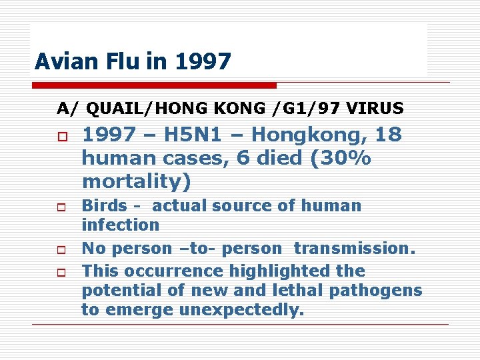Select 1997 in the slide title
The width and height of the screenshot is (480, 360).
[x=203, y=62]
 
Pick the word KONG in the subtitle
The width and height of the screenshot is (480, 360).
[x=229, y=108]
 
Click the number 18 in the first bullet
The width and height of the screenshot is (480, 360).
[x=388, y=135]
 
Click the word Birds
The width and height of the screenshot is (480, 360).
[x=103, y=205]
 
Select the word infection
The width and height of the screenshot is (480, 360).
[x=120, y=225]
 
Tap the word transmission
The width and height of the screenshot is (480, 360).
[x=354, y=249]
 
